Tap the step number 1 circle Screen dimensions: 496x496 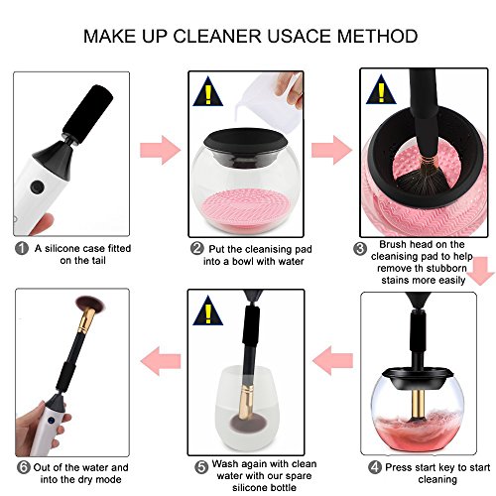tap(22, 248)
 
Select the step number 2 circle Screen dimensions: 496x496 tap(197, 248)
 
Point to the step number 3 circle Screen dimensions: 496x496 tap(360, 249)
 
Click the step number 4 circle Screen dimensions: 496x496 tap(375, 467)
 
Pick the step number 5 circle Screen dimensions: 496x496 tap(201, 467)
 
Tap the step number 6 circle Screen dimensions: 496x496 tap(24, 467)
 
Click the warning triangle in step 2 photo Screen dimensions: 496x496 tap(208, 91)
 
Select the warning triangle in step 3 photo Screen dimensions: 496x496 tap(381, 89)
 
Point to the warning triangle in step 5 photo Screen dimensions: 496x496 tap(208, 310)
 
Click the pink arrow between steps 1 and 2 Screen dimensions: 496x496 tap(161, 150)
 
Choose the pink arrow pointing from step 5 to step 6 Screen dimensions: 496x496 tap(161, 361)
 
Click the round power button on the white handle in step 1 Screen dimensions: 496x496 tap(37, 186)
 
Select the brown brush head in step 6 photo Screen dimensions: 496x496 tap(91, 304)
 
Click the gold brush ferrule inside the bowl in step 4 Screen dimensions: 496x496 tap(418, 406)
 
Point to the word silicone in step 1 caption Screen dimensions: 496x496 tap(62, 248)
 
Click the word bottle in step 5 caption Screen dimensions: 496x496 tap(280, 488)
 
